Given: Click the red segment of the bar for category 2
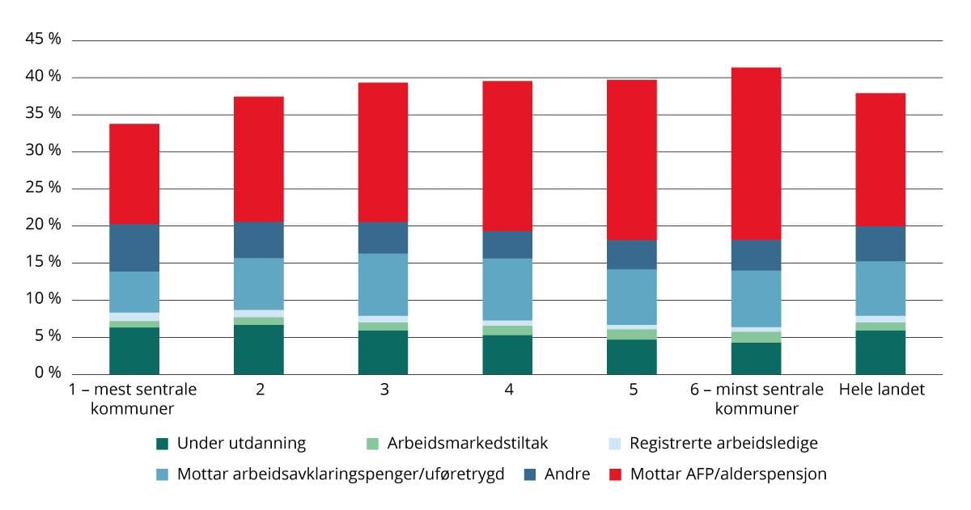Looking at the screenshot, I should [259, 159].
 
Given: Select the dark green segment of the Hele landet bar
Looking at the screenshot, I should [880, 352].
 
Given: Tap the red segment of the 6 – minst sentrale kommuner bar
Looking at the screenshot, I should [756, 154].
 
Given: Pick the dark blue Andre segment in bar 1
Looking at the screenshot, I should [134, 248].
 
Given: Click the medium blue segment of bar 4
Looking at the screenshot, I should [507, 289].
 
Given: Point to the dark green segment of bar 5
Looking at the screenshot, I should [631, 357].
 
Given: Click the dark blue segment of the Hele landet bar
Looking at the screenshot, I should [880, 243].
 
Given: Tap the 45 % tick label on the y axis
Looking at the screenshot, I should [43, 40].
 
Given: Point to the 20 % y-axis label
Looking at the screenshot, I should [43, 225].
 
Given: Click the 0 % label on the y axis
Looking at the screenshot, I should [47, 373].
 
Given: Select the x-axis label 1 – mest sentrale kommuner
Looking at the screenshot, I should [133, 398].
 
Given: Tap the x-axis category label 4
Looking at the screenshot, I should [508, 390].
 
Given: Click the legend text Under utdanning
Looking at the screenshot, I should [241, 443].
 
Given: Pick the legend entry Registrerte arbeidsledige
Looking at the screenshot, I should [723, 443].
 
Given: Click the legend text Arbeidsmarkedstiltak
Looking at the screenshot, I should [467, 443].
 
